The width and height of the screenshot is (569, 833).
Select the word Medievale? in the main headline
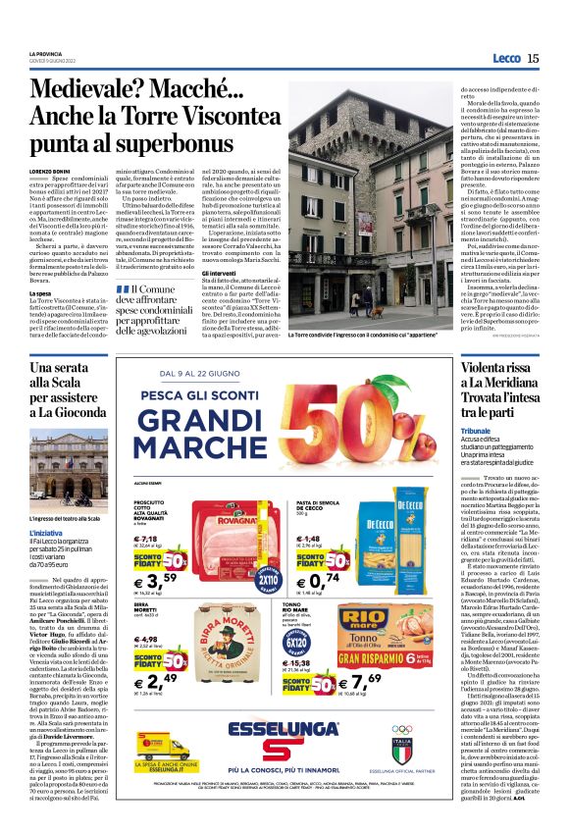[x=110, y=92]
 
